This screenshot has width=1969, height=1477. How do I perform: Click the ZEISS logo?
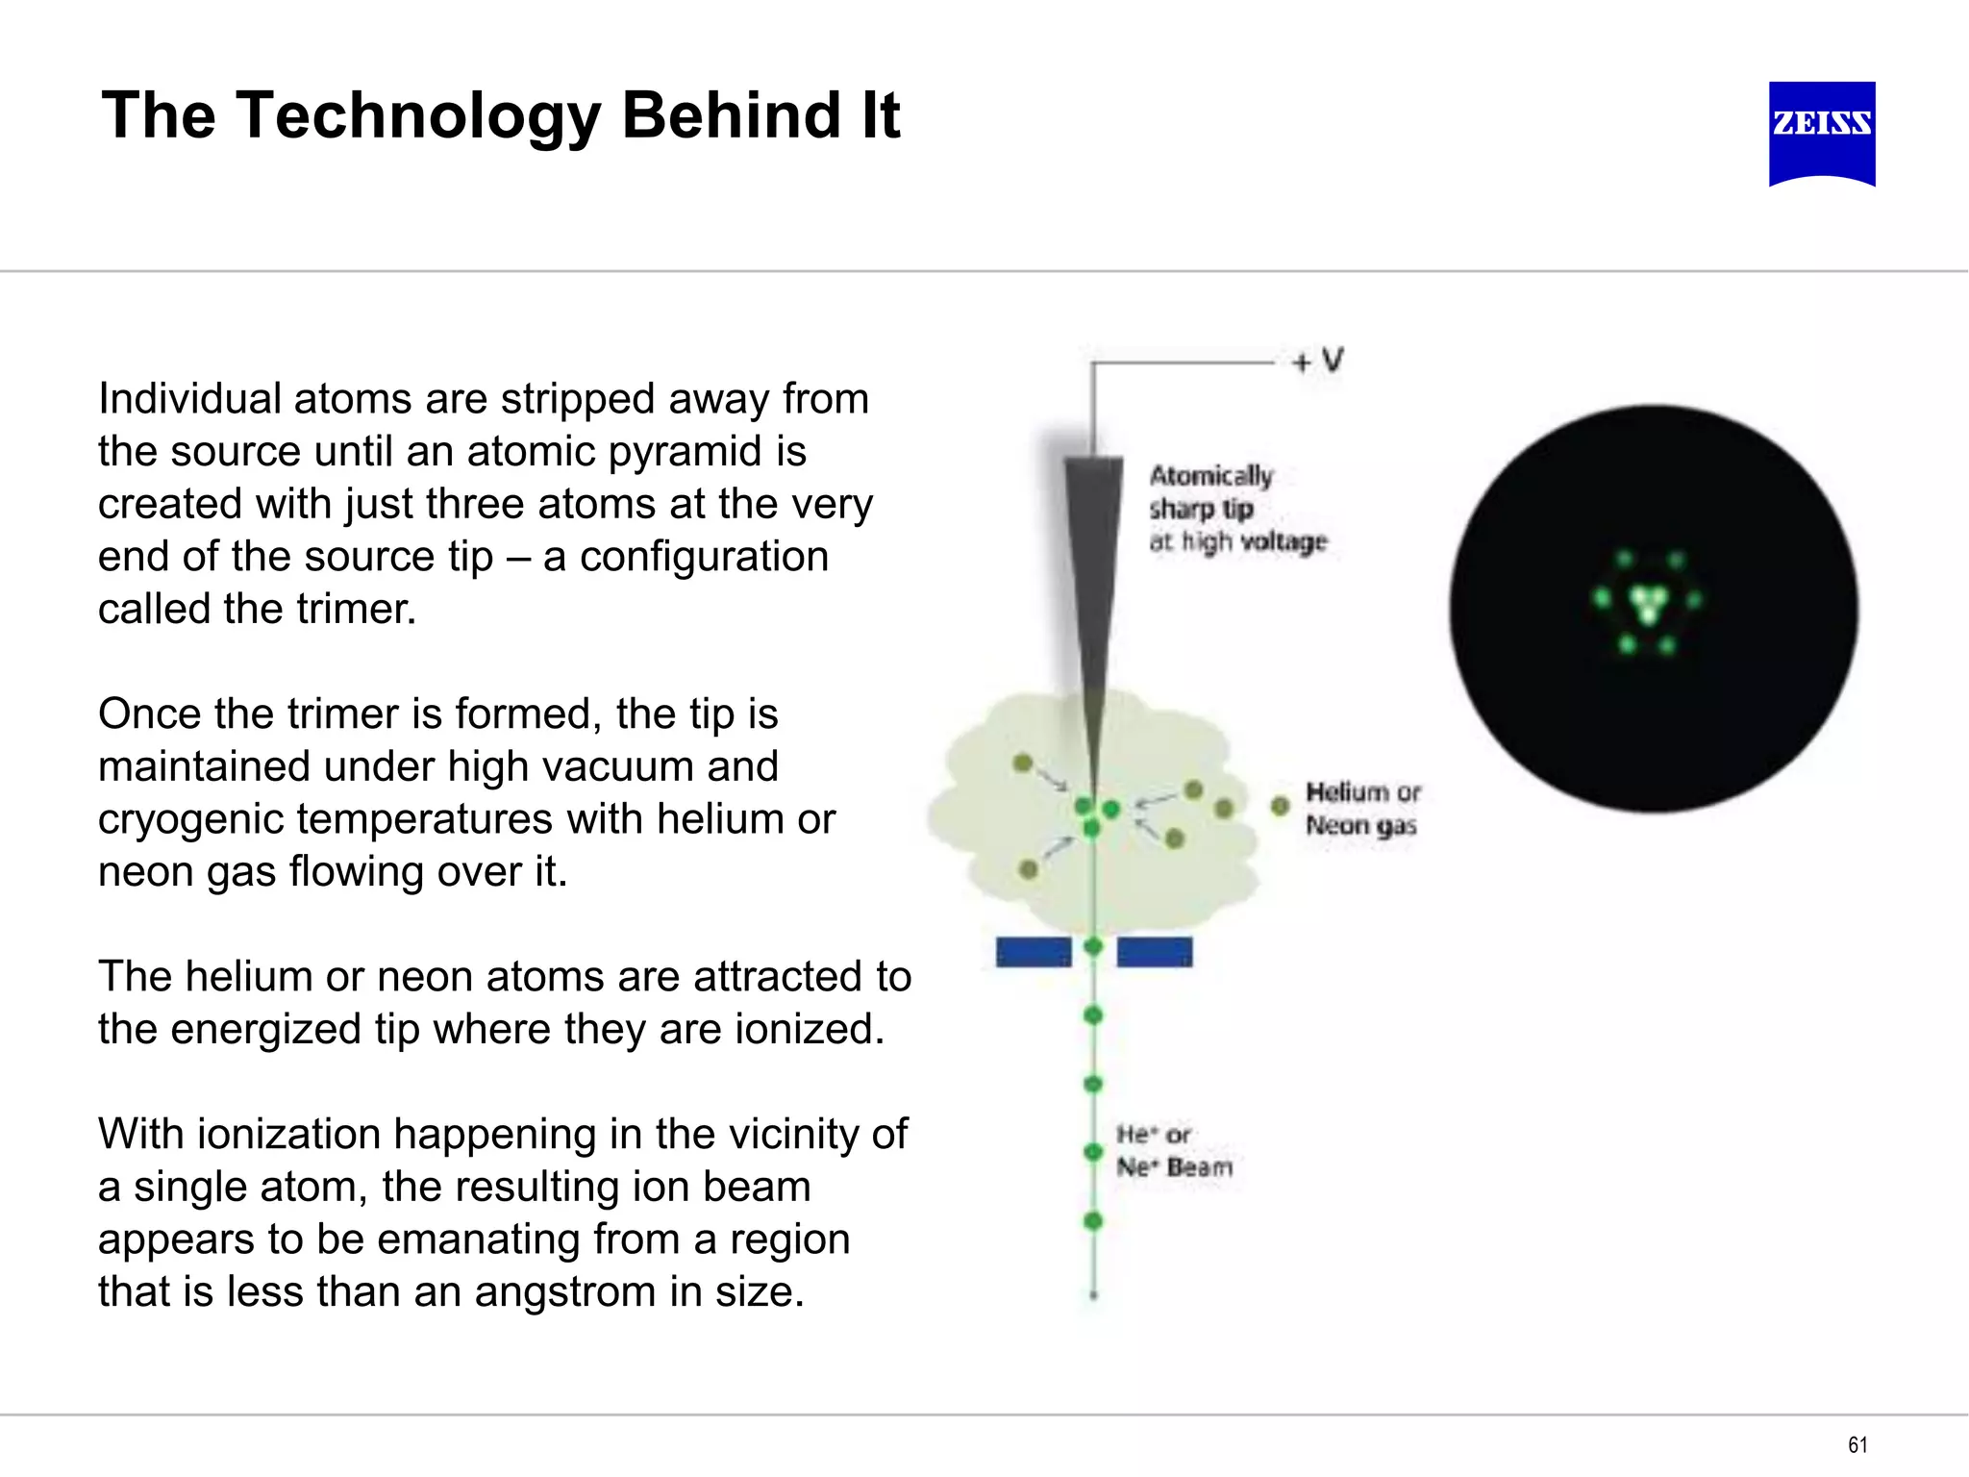1822,133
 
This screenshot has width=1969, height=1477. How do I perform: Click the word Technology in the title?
418,116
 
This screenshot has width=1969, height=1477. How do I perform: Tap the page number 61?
1857,1444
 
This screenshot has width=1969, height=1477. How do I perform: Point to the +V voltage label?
1318,362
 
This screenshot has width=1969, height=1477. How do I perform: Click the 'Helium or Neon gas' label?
1361,809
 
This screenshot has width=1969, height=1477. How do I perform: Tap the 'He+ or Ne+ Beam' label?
1174,1151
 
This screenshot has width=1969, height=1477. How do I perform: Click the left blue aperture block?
1034,952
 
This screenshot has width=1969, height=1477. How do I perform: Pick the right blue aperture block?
1155,952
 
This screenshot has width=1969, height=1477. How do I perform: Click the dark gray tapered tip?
1094,577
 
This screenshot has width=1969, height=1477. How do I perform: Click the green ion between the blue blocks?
1093,947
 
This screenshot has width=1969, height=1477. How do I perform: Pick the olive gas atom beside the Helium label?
1280,806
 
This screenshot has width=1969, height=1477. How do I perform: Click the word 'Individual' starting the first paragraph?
189,399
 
